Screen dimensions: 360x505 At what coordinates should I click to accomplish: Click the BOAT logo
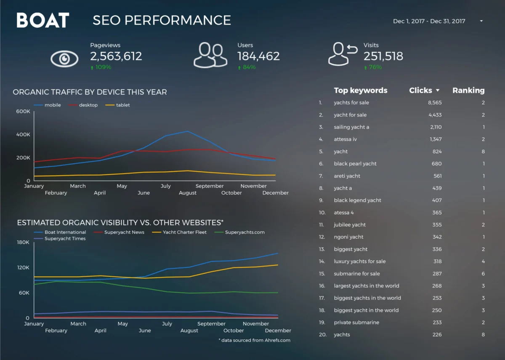point(43,20)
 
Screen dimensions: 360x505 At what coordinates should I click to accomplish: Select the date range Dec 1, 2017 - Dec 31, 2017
point(429,21)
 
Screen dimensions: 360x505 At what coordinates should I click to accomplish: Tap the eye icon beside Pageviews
point(64,59)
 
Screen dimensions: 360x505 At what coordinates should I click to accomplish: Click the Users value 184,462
point(258,56)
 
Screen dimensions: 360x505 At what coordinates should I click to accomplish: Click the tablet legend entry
point(123,105)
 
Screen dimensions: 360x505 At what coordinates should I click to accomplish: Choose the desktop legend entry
point(88,105)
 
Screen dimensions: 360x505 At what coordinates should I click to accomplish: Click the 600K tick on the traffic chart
point(23,112)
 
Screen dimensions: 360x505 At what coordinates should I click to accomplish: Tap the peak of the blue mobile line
point(187,131)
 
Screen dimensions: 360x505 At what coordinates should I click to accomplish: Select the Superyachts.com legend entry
point(245,232)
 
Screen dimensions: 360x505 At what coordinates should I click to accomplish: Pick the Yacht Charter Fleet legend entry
point(184,232)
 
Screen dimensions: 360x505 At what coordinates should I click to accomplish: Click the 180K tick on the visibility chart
point(23,242)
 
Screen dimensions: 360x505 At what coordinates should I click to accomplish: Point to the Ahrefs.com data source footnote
point(255,340)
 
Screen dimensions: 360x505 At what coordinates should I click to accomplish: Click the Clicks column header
point(421,90)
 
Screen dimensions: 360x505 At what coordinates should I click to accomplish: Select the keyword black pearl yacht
point(355,164)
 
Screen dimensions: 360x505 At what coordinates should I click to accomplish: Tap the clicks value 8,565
point(435,103)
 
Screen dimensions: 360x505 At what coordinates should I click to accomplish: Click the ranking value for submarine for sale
point(483,274)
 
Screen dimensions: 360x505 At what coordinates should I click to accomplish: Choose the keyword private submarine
point(356,323)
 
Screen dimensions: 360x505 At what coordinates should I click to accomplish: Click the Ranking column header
point(468,90)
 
